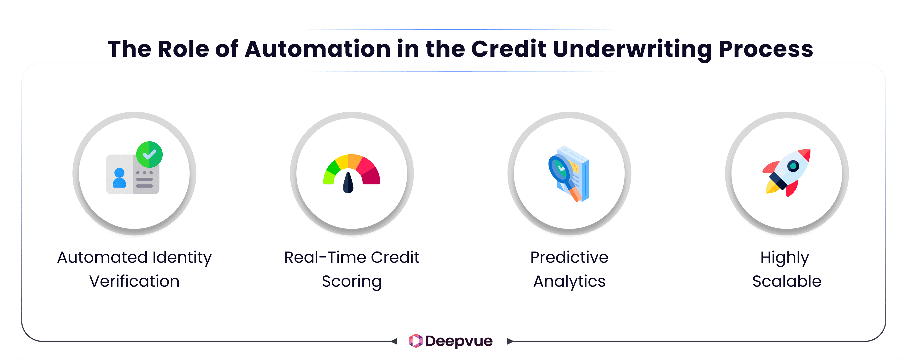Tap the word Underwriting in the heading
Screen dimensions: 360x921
632,49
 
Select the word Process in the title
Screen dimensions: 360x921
766,49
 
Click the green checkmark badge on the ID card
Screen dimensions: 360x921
149,154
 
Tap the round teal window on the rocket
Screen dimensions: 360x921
793,166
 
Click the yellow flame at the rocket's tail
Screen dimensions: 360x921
772,188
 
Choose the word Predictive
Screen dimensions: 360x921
569,257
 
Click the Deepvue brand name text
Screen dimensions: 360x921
459,341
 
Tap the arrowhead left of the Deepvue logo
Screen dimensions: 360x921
394,341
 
